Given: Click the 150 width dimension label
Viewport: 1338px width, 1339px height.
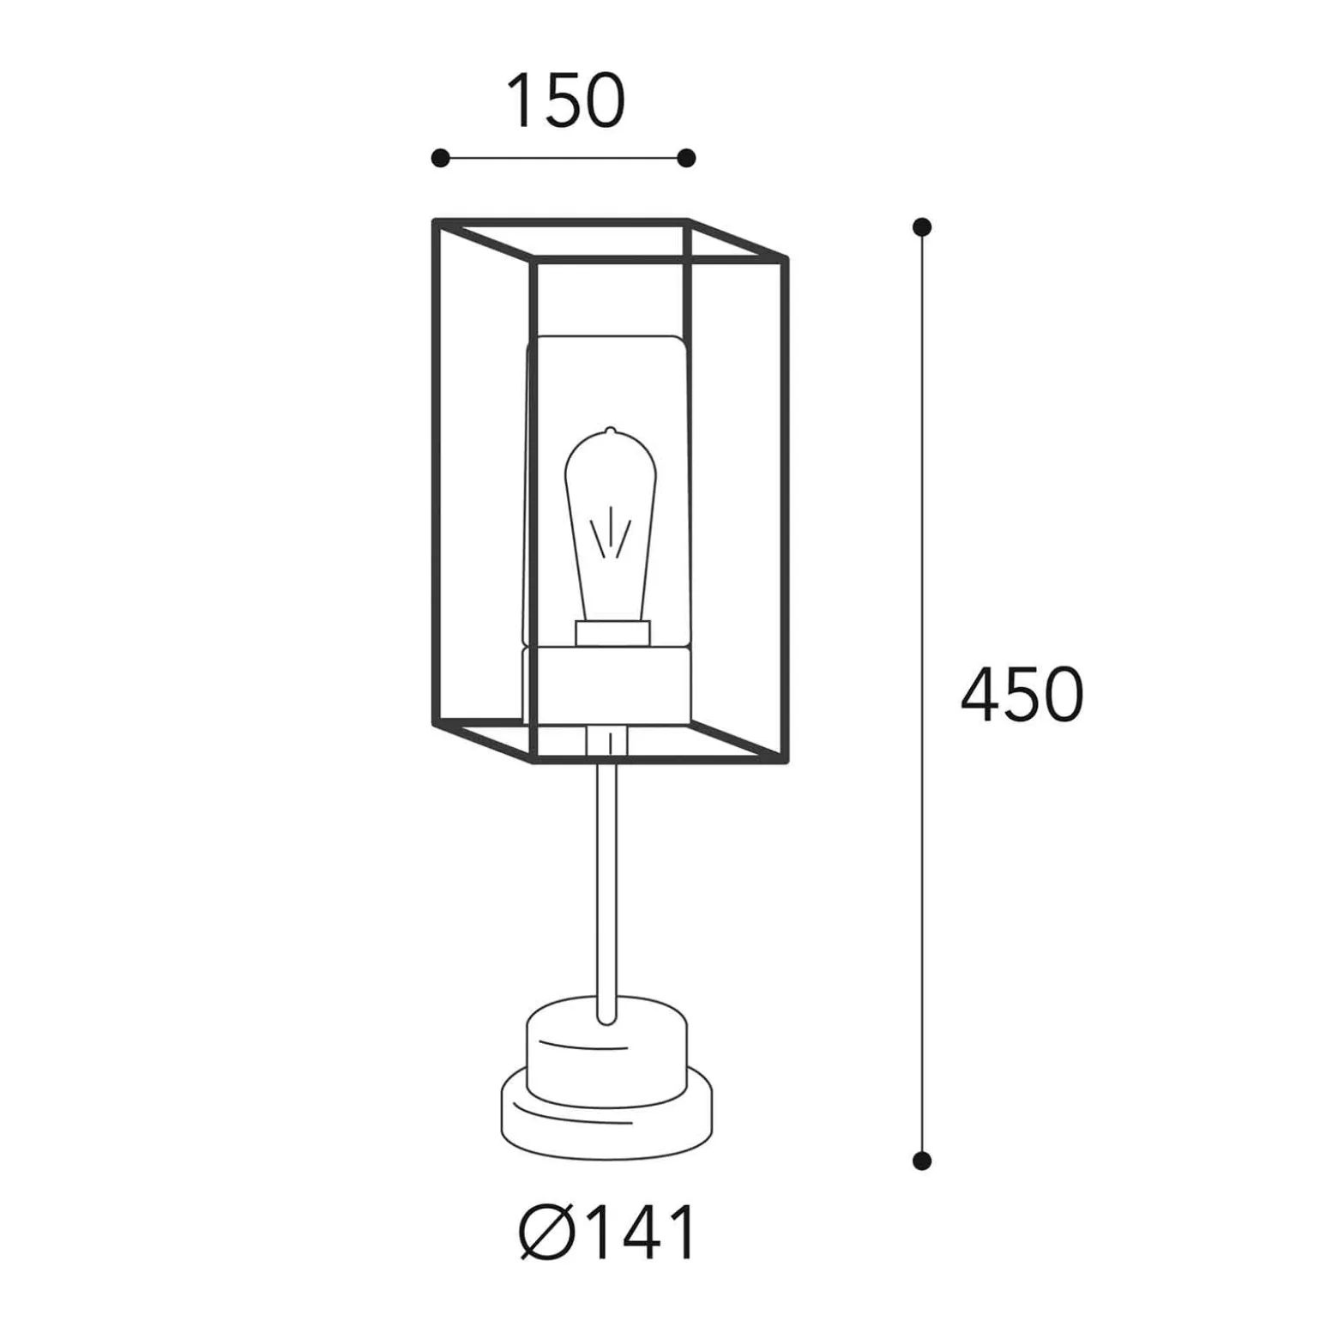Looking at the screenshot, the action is [566, 100].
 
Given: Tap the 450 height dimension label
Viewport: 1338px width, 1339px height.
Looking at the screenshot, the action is [1022, 694].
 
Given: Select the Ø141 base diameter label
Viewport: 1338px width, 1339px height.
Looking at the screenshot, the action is [607, 1233].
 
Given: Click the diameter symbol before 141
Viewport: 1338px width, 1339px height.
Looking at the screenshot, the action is [546, 1233].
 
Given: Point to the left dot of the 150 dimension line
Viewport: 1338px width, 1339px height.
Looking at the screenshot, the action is [440, 158].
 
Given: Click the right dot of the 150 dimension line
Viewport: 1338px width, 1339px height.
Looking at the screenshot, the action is [686, 158].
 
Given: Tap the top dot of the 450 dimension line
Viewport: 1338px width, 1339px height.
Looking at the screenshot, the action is [922, 227].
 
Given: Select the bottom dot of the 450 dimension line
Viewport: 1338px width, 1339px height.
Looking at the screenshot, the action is [922, 1161].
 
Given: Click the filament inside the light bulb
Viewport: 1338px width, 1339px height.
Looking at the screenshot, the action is [611, 533].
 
